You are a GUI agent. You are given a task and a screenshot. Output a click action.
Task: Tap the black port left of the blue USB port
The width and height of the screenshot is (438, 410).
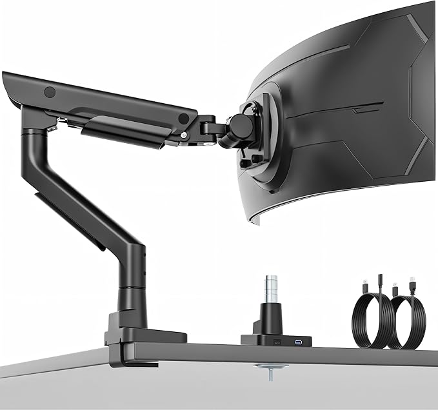(x=279, y=340)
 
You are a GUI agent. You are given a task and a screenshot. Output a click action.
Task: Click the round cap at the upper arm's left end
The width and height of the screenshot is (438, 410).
(x=49, y=92)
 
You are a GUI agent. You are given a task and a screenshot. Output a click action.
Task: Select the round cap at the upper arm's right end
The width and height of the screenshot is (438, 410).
(x=184, y=119)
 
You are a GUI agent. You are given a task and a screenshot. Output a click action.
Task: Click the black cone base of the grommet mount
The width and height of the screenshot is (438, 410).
(x=270, y=320)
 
